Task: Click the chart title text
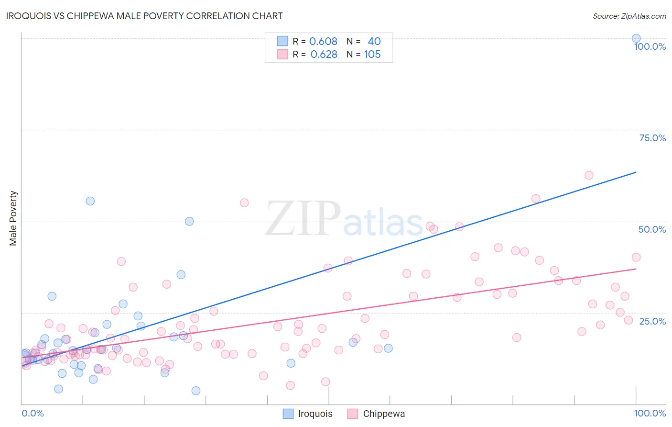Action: coord(144,16)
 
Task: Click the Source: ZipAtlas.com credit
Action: coord(629,16)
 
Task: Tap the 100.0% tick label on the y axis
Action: coord(650,46)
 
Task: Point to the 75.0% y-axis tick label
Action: coord(652,138)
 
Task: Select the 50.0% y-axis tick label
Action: coord(652,229)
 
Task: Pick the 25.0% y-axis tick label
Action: coord(652,321)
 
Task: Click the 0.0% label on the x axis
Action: coord(33,413)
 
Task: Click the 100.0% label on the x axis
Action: coord(650,413)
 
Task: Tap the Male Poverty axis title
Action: coord(13,218)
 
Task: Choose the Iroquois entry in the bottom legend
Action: coord(315,414)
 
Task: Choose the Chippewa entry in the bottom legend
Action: coord(384,414)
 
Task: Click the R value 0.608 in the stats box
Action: coord(323,41)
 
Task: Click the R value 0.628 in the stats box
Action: coord(324,54)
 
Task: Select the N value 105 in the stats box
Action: coord(372,54)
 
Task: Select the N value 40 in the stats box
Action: coord(374,41)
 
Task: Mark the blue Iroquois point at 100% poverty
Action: coord(636,38)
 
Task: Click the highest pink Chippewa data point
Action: coord(589,175)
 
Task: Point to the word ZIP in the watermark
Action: coord(303,218)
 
